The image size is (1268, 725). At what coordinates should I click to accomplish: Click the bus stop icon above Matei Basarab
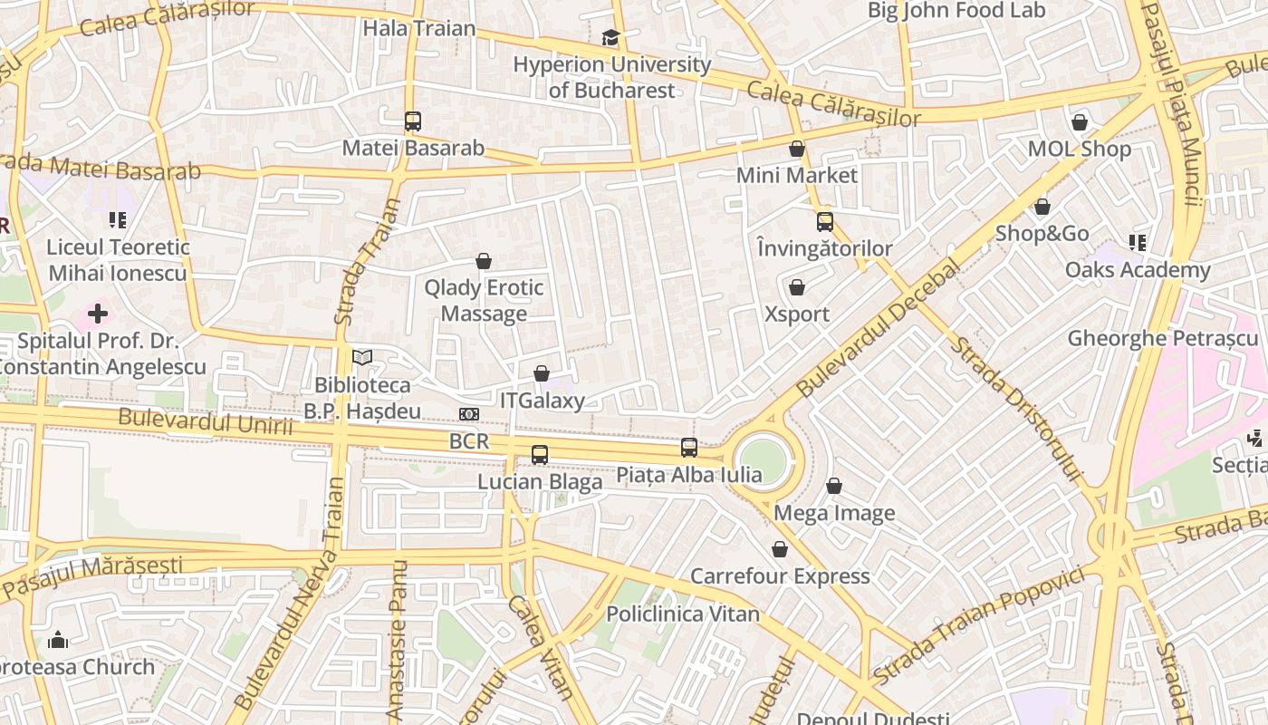(x=413, y=121)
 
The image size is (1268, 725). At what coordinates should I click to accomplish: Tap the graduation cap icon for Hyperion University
(x=610, y=37)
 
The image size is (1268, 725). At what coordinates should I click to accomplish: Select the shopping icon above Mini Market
(x=797, y=149)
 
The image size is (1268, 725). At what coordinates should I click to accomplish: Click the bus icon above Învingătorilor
(x=824, y=221)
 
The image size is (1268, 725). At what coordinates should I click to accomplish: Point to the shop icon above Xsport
(x=797, y=287)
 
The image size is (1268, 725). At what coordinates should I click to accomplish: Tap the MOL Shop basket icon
(x=1079, y=122)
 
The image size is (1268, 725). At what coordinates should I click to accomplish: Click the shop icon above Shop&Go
(x=1042, y=207)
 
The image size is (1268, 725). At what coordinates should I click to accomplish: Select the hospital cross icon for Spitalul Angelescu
(x=98, y=314)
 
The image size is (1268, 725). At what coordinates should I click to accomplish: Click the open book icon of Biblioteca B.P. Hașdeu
(x=362, y=358)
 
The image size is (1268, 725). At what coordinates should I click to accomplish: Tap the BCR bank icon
(x=469, y=414)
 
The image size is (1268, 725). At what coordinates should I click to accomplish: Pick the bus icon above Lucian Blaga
(x=540, y=454)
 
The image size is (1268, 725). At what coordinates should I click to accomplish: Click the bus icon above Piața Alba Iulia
(x=689, y=447)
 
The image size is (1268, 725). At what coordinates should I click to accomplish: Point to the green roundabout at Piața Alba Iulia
(x=762, y=461)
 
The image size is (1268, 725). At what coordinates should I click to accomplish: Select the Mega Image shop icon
(x=834, y=487)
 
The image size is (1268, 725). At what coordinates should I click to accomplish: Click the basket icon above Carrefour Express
(x=780, y=549)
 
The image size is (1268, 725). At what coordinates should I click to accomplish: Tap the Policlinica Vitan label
(x=683, y=614)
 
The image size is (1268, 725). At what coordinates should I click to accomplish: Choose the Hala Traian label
(x=419, y=28)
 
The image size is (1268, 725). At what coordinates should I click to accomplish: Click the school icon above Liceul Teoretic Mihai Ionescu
(x=118, y=219)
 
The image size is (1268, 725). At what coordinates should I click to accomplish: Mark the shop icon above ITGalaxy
(x=542, y=373)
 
